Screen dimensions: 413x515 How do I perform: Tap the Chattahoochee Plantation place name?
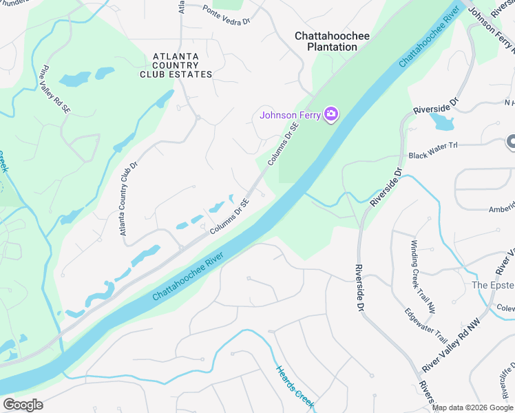click(326, 41)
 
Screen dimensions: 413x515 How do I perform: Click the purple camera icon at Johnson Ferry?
click(331, 114)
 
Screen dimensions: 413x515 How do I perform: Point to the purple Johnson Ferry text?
click(290, 115)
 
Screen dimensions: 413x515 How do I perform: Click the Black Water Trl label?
click(433, 156)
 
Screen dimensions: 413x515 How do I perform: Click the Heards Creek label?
click(295, 388)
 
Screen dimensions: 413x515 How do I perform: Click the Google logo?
click(23, 405)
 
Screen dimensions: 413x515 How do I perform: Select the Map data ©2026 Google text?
click(472, 407)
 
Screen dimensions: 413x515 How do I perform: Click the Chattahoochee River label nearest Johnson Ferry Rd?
click(428, 39)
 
